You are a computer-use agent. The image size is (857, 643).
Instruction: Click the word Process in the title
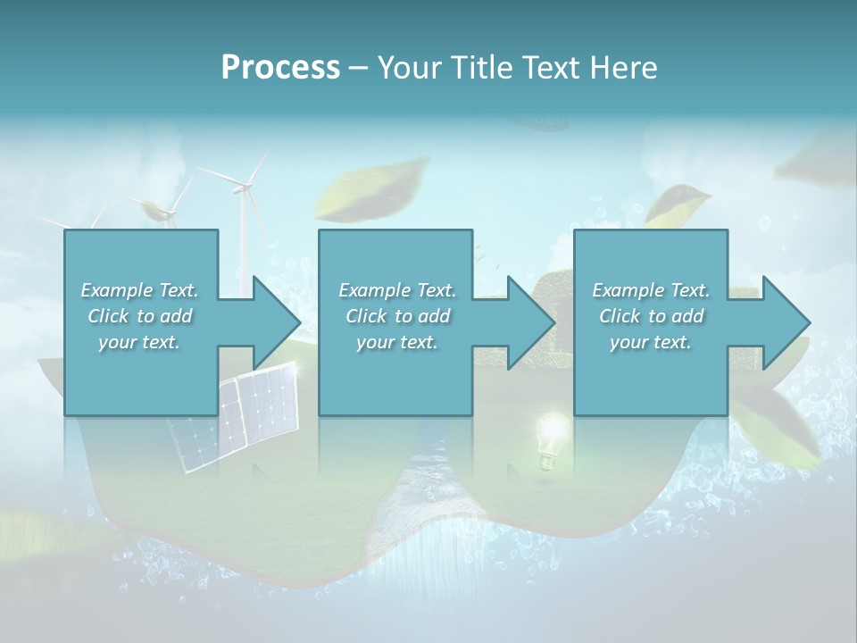[x=280, y=67]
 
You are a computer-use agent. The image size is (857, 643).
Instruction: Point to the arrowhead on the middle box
[x=532, y=321]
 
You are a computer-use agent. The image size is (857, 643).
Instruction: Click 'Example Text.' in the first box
[x=140, y=290]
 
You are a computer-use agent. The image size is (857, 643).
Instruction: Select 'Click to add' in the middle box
[x=397, y=316]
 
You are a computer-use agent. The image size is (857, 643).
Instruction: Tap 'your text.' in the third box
[x=651, y=342]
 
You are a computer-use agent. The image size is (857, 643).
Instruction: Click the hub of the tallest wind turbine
[x=242, y=187]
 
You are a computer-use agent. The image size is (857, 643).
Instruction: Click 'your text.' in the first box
[x=140, y=342]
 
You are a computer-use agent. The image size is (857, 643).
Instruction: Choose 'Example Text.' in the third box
[x=651, y=290]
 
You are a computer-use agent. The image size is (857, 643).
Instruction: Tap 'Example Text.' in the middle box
[x=397, y=290]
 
